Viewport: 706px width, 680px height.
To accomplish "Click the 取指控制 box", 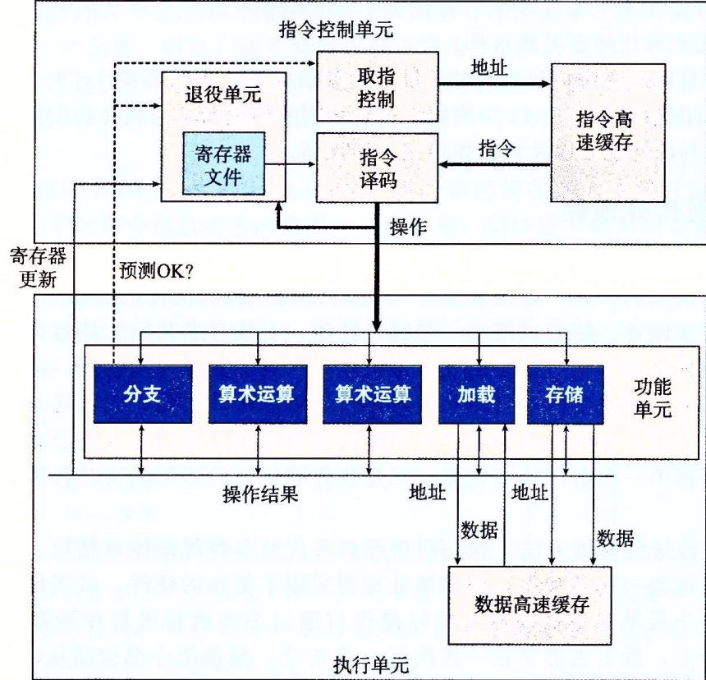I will (x=377, y=86).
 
